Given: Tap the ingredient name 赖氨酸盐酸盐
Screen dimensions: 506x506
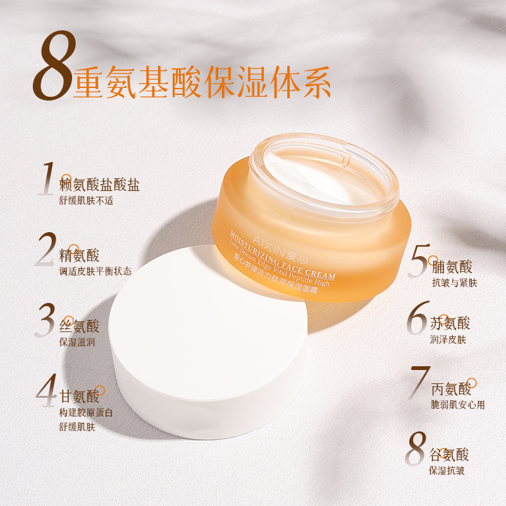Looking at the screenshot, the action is pyautogui.click(x=99, y=185).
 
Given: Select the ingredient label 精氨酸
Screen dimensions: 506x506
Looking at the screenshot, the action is pyautogui.click(x=79, y=256).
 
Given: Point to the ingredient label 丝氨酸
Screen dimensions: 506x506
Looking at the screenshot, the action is pyautogui.click(x=79, y=326).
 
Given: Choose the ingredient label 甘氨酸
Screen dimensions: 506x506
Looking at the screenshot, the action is pyautogui.click(x=79, y=397).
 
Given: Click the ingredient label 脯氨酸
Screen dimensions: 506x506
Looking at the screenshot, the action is pyautogui.click(x=452, y=267).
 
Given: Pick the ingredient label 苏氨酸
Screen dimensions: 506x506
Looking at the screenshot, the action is pyautogui.click(x=450, y=323).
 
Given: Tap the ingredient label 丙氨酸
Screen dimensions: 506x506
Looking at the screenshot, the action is pyautogui.click(x=451, y=389).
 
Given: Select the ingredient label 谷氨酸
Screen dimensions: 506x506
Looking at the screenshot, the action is pyautogui.click(x=449, y=455).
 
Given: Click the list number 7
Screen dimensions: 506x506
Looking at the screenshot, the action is pyautogui.click(x=420, y=383).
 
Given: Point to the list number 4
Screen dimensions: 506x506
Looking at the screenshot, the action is pyautogui.click(x=46, y=390).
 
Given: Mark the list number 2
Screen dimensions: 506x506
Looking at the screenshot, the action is pyautogui.click(x=46, y=249).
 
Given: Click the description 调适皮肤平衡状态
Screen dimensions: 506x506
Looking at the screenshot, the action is pyautogui.click(x=96, y=271).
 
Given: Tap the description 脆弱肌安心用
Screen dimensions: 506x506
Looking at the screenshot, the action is pyautogui.click(x=458, y=405).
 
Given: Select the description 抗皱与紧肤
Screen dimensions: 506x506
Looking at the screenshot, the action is pyautogui.click(x=454, y=283).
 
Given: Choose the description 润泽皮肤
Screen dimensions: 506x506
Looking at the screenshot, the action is pyautogui.click(x=448, y=340).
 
